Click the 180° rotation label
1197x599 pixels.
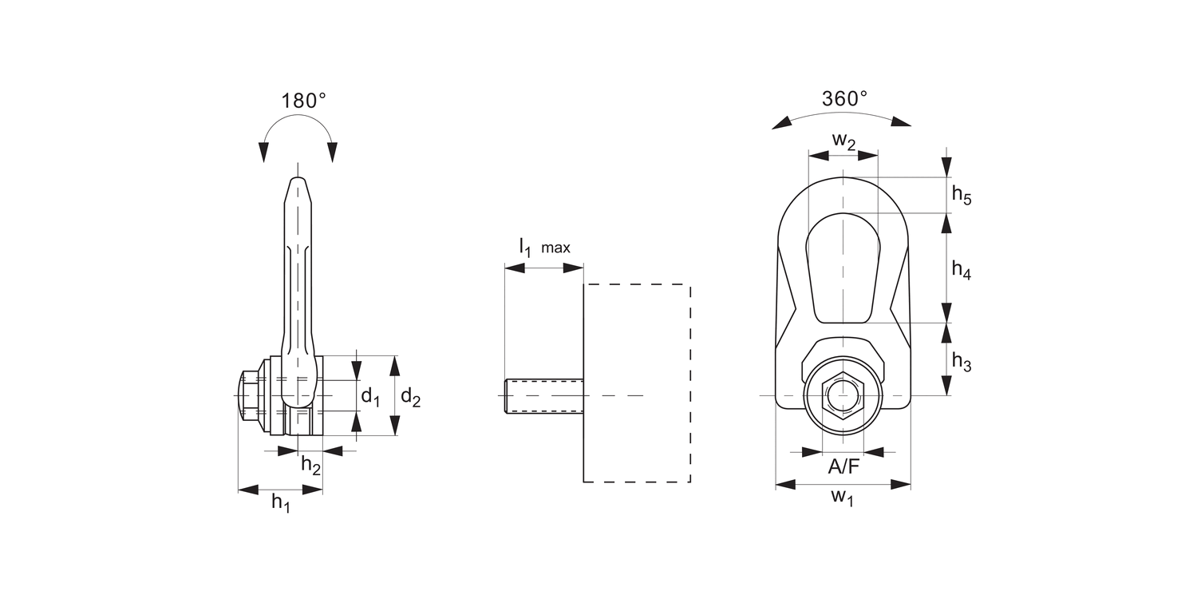(303, 101)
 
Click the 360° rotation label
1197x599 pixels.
(844, 99)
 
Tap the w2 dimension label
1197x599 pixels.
(843, 141)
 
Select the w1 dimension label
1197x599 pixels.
(843, 498)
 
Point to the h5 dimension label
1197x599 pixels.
(962, 195)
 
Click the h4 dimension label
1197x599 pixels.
(962, 269)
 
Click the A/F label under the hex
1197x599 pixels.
(843, 466)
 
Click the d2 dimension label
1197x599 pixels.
(410, 396)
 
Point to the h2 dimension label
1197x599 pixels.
(310, 464)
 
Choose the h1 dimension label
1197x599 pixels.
(281, 502)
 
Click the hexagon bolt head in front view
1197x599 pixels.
(843, 395)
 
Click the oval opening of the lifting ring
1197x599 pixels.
(843, 268)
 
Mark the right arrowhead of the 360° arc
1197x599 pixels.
(902, 122)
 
